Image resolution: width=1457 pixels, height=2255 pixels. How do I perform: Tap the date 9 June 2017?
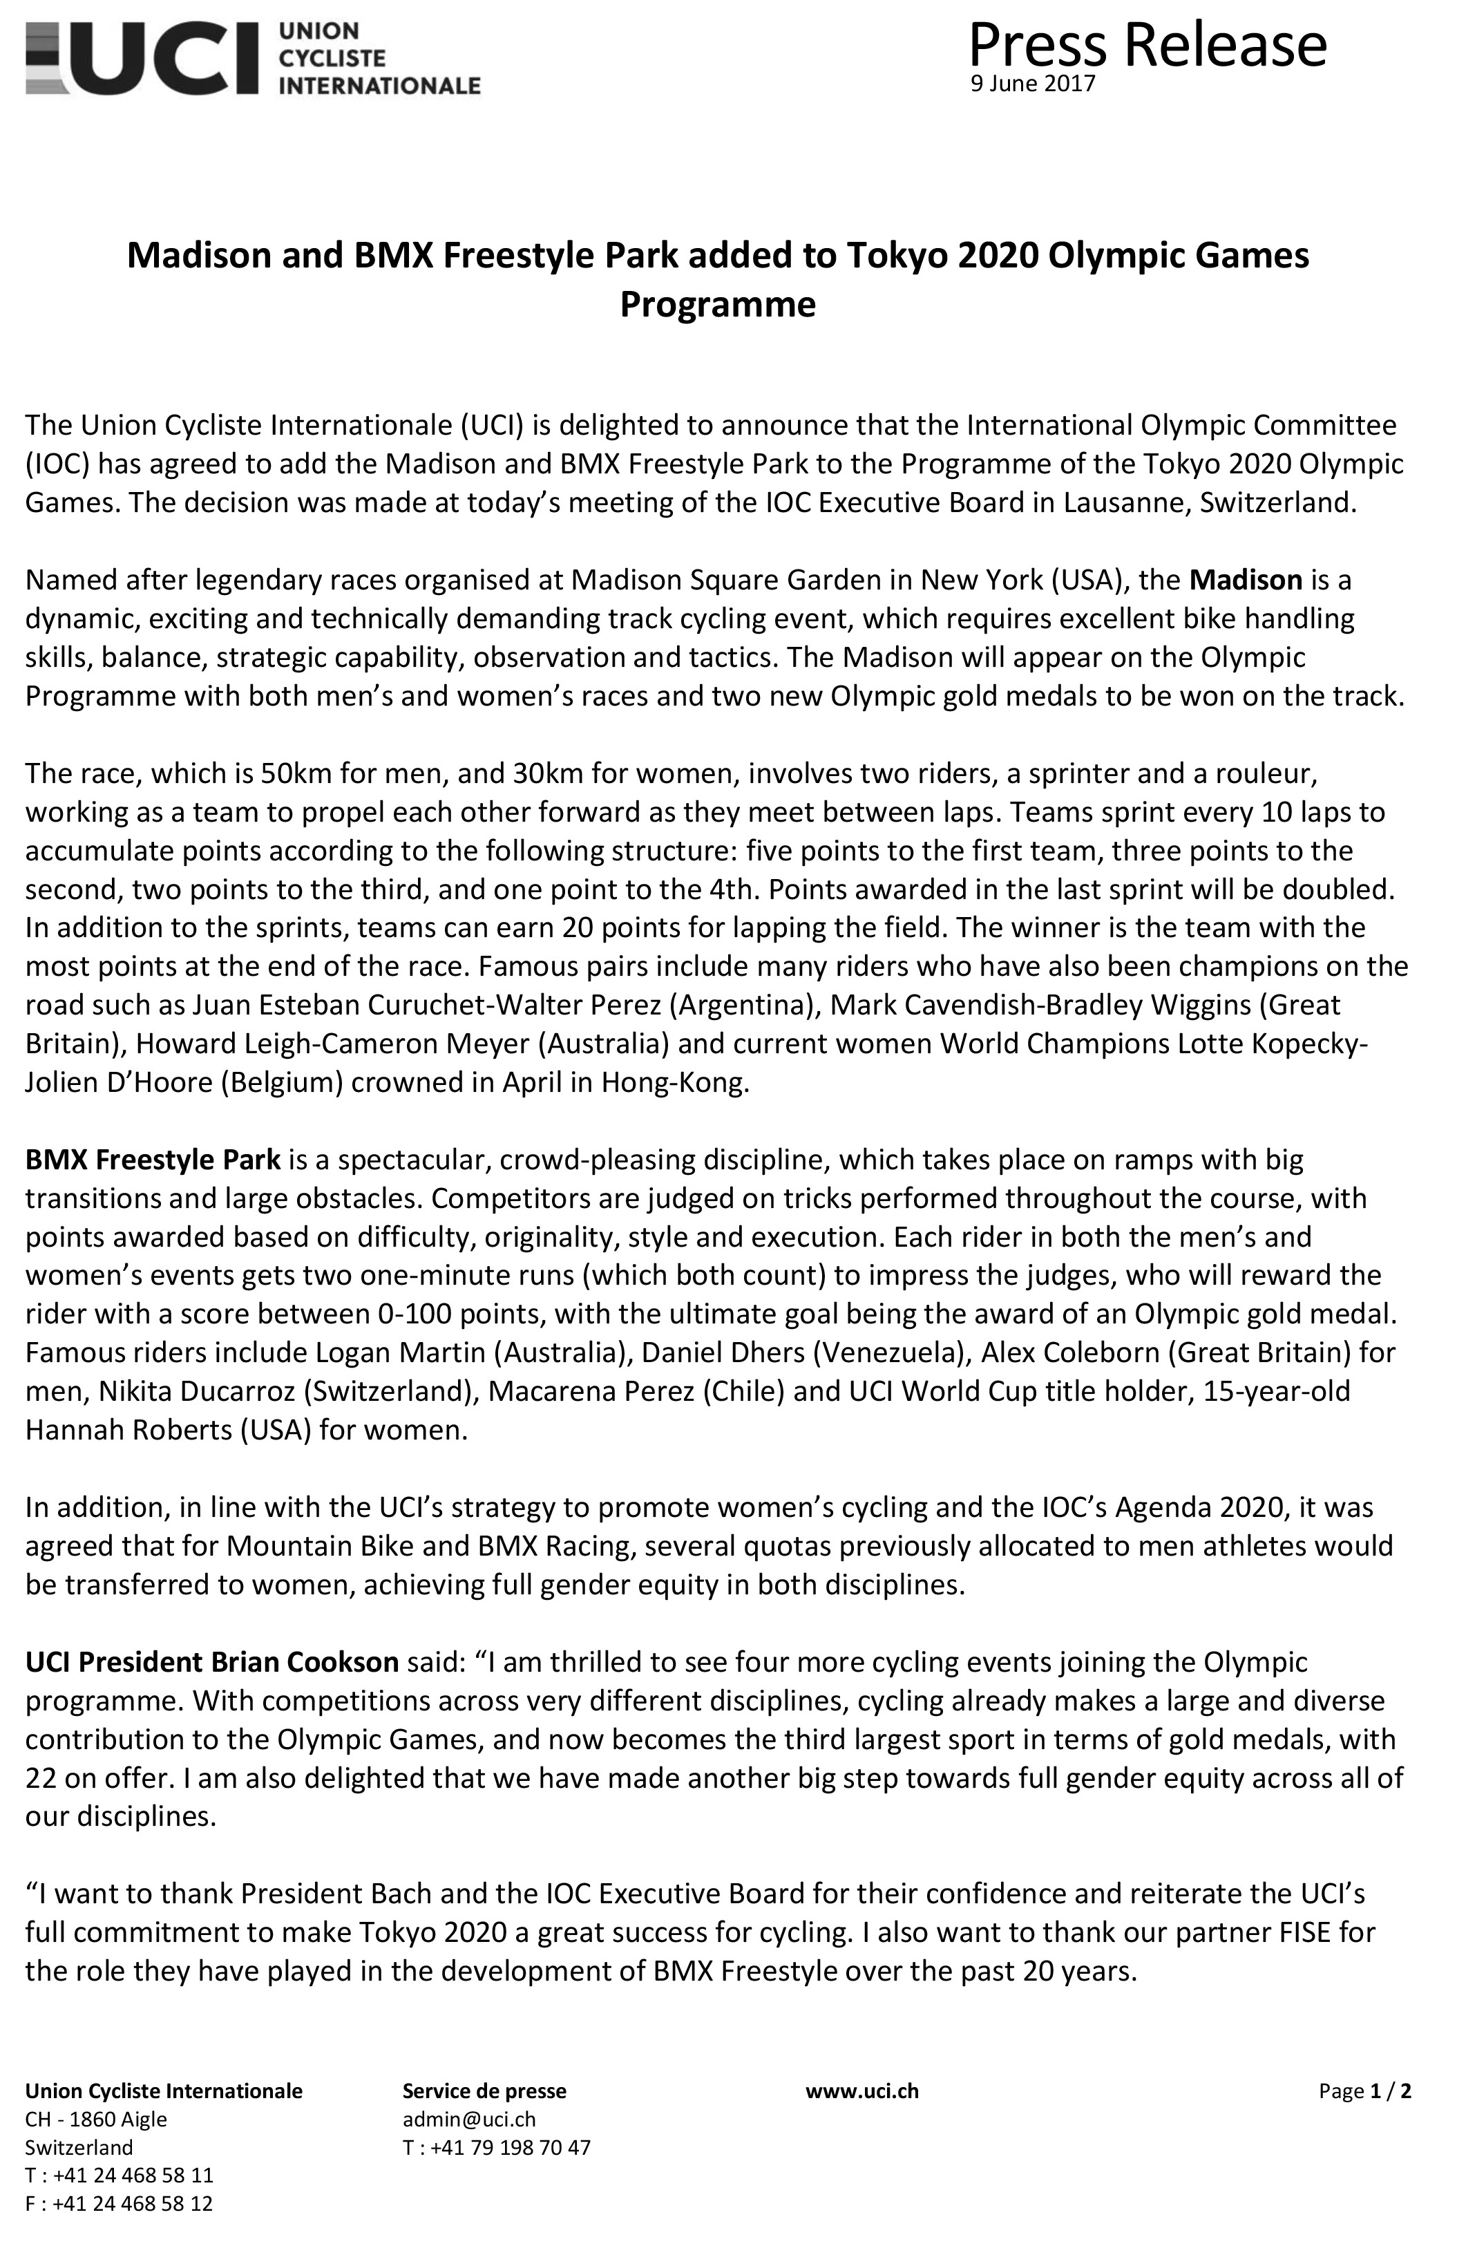point(1032,84)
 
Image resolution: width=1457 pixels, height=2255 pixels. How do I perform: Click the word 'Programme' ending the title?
point(717,305)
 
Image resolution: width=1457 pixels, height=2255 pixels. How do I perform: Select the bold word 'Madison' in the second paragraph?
point(1246,579)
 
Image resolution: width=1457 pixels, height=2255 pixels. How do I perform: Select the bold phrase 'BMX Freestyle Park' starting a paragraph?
point(153,1159)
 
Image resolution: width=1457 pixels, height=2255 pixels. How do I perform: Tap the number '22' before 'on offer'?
point(43,1778)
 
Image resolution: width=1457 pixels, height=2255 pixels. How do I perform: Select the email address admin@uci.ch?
point(469,2120)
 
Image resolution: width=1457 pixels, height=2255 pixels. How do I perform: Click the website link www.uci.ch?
point(862,2091)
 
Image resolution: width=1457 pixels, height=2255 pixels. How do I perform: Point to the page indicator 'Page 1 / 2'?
point(1364,2091)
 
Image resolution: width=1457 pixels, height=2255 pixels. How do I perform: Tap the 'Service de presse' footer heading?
point(484,2091)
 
